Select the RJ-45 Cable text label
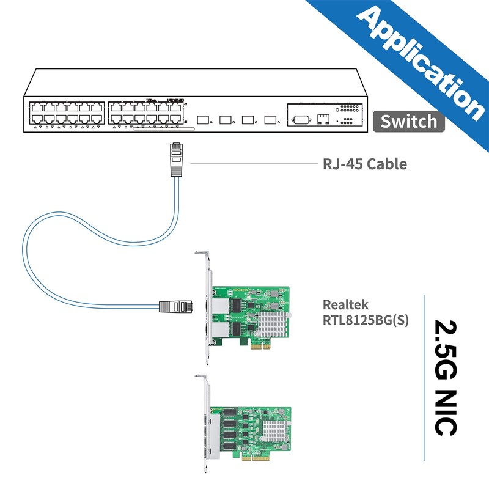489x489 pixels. pos(364,164)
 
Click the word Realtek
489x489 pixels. pos(346,304)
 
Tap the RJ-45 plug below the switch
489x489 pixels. pos(176,158)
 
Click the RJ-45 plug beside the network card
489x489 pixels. pos(177,305)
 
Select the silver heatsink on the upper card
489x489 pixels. pos(273,320)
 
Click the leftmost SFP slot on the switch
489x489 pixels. pos(201,120)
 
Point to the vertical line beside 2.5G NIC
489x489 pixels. pos(424,376)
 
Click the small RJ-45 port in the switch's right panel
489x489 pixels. pos(323,118)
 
